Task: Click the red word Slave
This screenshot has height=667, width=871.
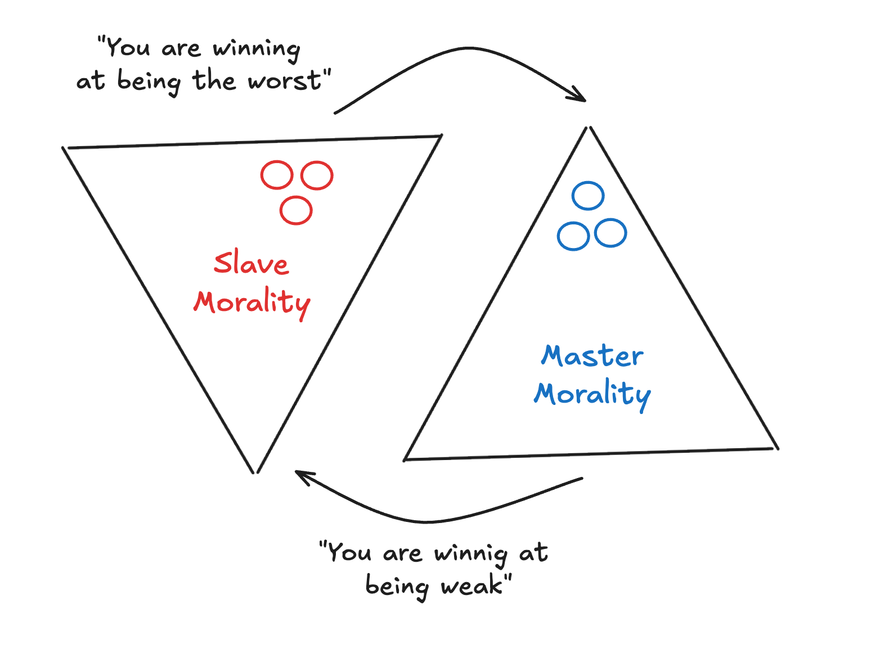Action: coord(252,263)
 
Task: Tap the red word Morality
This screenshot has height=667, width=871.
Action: coord(252,303)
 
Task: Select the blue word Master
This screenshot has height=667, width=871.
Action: coord(592,356)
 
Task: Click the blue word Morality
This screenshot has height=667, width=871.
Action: coord(592,394)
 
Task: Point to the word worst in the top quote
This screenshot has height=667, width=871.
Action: coord(285,82)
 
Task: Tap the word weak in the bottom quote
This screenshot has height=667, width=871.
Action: coord(472,587)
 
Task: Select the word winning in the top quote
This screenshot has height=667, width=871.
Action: coord(256,49)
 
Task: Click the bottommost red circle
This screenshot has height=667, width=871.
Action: coord(296,210)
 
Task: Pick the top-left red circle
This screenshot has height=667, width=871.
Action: coord(277,175)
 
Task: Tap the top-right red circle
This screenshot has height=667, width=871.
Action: coord(317,175)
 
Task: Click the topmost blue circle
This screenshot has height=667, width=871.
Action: coord(588,196)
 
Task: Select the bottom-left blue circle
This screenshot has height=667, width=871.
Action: coord(573,236)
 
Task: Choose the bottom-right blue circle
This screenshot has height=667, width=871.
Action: coord(610,233)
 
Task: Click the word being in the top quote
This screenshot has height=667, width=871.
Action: coord(149,82)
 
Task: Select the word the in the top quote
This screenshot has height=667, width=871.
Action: coord(214,80)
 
